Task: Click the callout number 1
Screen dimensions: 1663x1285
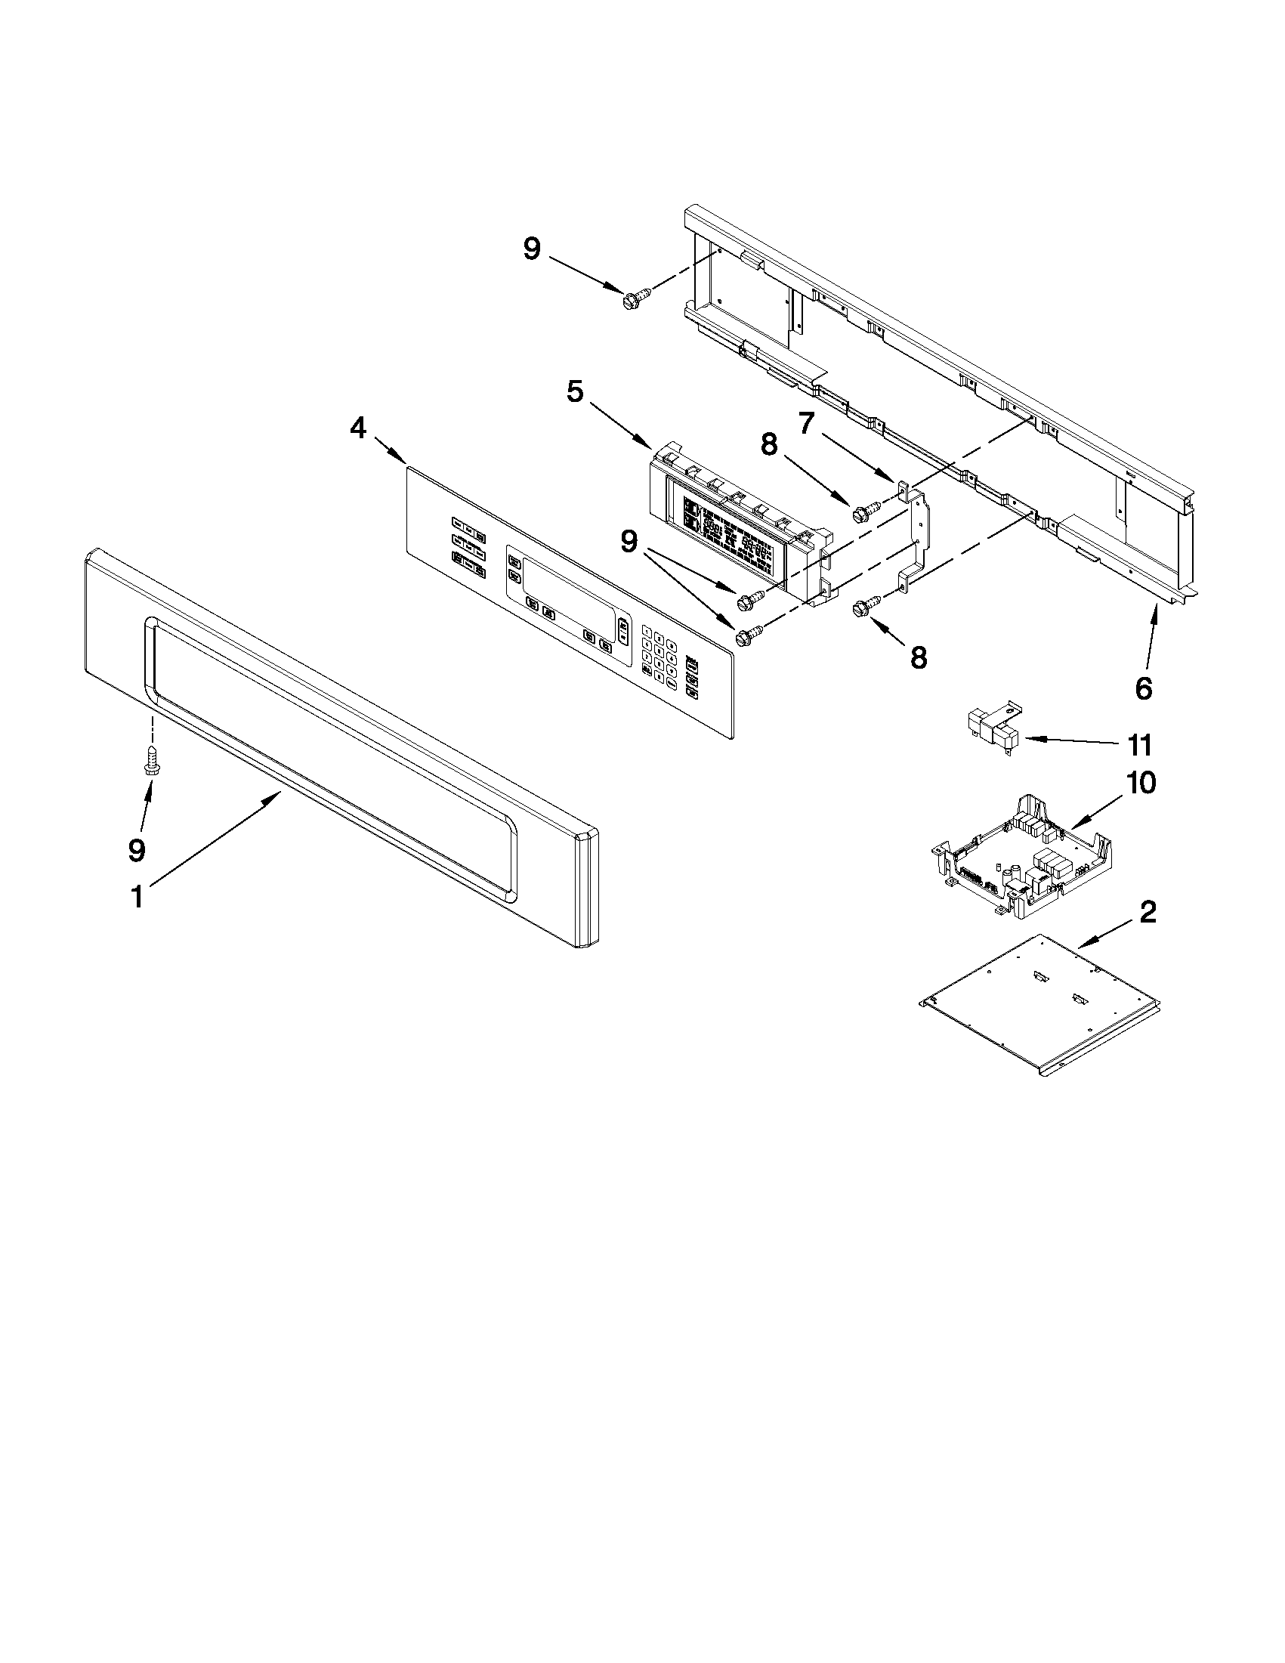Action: pos(137,897)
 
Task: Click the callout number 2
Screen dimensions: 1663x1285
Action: pos(1148,911)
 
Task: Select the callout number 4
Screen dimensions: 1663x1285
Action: pos(358,428)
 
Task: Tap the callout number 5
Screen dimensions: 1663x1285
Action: pos(576,391)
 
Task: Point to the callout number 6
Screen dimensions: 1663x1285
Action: pos(1144,688)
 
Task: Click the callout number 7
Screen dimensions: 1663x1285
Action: pos(806,422)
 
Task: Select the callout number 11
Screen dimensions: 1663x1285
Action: pos(1140,745)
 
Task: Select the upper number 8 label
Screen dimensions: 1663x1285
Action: pos(770,444)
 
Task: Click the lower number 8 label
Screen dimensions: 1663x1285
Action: pos(919,657)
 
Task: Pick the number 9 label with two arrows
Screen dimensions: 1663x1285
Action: pos(629,542)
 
